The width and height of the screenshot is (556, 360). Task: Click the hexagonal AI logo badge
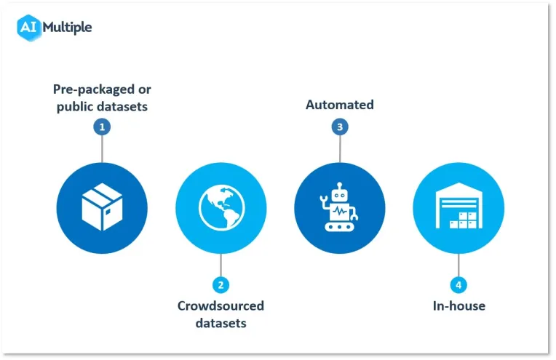coord(28,28)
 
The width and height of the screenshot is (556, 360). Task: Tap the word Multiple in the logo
coord(67,28)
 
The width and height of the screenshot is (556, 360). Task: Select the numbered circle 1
coord(102,127)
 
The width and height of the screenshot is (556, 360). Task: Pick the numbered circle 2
coord(221,285)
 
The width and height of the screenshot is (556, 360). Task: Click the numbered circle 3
coord(340,127)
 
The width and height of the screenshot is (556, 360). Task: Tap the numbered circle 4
coord(458,285)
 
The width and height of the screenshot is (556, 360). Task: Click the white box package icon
coord(102,207)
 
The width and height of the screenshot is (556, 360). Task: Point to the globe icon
coord(222,208)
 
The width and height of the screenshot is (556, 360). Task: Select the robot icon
coord(339,207)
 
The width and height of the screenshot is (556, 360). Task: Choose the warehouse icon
coord(458,206)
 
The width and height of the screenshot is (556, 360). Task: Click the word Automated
coord(340,105)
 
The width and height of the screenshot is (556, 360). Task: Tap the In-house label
coord(459,305)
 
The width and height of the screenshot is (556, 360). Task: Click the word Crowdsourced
coord(221,305)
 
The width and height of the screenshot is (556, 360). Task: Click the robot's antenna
coord(340,186)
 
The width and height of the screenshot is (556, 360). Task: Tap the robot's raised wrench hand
coord(323,200)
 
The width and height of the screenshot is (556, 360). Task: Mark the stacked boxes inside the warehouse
coord(464,220)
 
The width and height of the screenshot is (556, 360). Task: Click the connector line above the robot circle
coord(340,149)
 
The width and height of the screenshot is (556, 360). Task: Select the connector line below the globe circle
coord(221,265)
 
